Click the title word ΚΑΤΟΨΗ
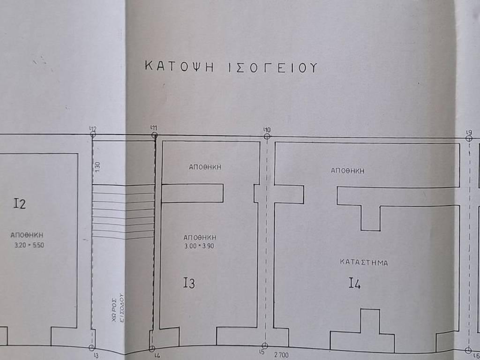click(180, 67)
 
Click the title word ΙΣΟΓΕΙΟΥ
click(273, 67)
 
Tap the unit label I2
click(20, 203)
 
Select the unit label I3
click(189, 283)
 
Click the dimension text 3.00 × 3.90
click(199, 246)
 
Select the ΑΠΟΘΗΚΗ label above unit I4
click(347, 171)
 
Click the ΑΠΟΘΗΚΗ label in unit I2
click(27, 235)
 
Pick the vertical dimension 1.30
click(97, 166)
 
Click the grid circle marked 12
click(93, 135)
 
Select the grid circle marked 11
click(155, 135)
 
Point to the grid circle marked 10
click(267, 136)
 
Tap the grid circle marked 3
click(92, 348)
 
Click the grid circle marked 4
click(152, 349)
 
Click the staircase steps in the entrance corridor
click(123, 211)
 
